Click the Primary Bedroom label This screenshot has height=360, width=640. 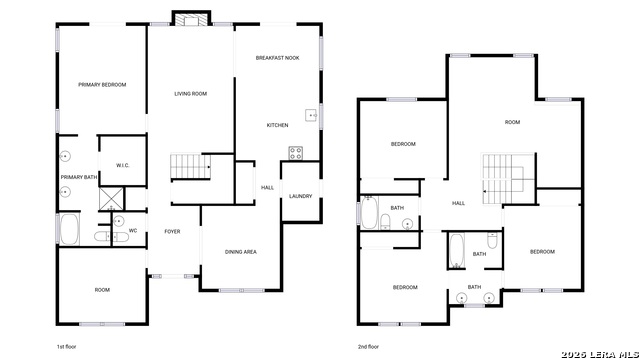(102, 84)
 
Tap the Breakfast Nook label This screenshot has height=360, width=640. (278, 58)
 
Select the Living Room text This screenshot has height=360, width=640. (191, 94)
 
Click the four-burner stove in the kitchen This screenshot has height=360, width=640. (296, 153)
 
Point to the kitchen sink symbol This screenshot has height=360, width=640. (311, 116)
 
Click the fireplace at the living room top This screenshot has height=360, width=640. (191, 19)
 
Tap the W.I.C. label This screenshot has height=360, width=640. (122, 165)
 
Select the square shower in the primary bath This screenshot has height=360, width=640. (111, 199)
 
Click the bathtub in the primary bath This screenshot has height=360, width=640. (69, 229)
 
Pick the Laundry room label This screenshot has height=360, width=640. (300, 196)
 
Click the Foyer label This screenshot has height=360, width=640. (172, 231)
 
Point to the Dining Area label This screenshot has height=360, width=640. (241, 252)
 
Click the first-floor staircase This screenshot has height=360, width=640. (190, 167)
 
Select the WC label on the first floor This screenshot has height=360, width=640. (133, 231)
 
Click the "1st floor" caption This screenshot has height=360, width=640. (66, 347)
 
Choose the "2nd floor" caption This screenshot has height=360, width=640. (368, 347)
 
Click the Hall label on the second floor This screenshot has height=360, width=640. (458, 203)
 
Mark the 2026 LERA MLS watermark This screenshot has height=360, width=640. (600, 355)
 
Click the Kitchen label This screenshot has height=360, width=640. (278, 125)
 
